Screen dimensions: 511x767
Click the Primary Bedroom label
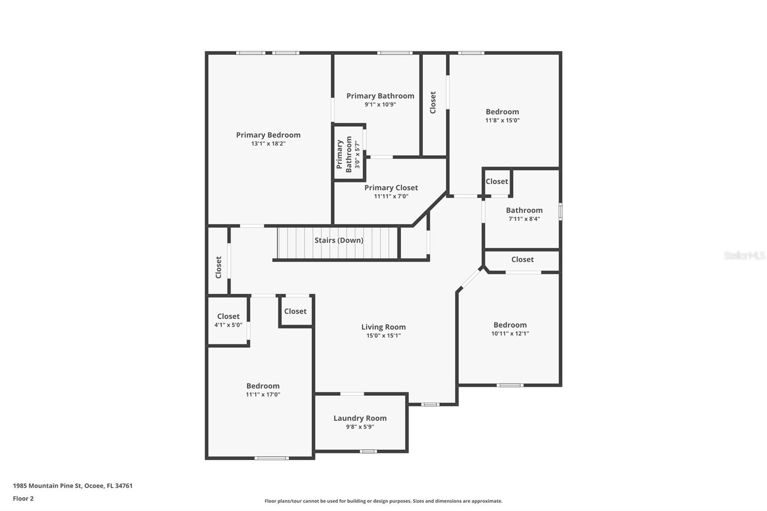point(268,135)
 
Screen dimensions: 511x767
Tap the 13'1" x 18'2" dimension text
point(268,144)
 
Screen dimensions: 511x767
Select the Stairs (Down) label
point(338,240)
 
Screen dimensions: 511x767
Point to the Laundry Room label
point(360,418)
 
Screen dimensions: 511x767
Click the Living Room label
point(383,327)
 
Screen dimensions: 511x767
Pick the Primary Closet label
point(391,187)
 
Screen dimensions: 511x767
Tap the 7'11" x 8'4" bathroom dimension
point(524,219)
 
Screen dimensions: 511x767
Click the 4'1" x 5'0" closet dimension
point(228,325)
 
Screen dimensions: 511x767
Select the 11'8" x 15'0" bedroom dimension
point(502,120)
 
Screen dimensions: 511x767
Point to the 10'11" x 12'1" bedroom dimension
point(510,334)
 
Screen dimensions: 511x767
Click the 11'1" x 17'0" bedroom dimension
point(263,395)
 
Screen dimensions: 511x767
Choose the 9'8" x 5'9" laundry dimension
point(360,427)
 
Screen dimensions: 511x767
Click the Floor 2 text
point(23,499)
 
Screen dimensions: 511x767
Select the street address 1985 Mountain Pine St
point(48,486)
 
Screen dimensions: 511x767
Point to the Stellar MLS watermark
point(744,255)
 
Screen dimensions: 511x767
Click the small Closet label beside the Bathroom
point(496,182)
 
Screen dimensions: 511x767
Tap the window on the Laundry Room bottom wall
point(368,451)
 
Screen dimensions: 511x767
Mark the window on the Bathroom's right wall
point(560,211)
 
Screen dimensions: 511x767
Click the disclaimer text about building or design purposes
point(383,501)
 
